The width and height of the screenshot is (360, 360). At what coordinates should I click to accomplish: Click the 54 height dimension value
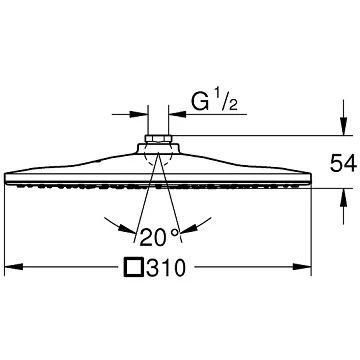(x=343, y=163)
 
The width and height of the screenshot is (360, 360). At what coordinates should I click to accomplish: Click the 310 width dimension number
(x=166, y=267)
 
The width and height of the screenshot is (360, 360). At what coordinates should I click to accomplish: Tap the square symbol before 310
(x=134, y=267)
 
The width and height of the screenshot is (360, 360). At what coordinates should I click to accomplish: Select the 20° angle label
(x=160, y=237)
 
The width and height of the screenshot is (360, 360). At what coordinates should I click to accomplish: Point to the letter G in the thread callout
(x=200, y=101)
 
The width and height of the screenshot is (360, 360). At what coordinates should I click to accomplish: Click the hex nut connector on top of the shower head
(x=158, y=139)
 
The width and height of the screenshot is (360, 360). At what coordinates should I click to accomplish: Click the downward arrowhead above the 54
(x=344, y=127)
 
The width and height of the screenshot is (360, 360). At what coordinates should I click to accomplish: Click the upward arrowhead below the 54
(x=344, y=197)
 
